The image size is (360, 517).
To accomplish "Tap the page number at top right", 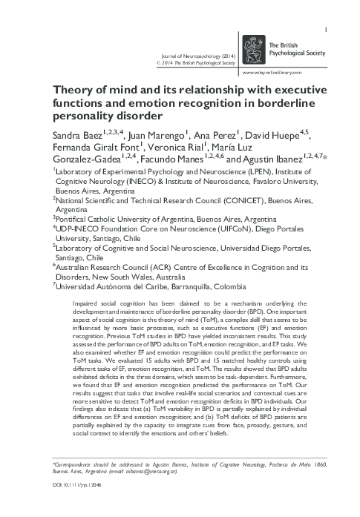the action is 327,9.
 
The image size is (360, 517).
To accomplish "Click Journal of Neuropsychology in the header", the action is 189,56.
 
